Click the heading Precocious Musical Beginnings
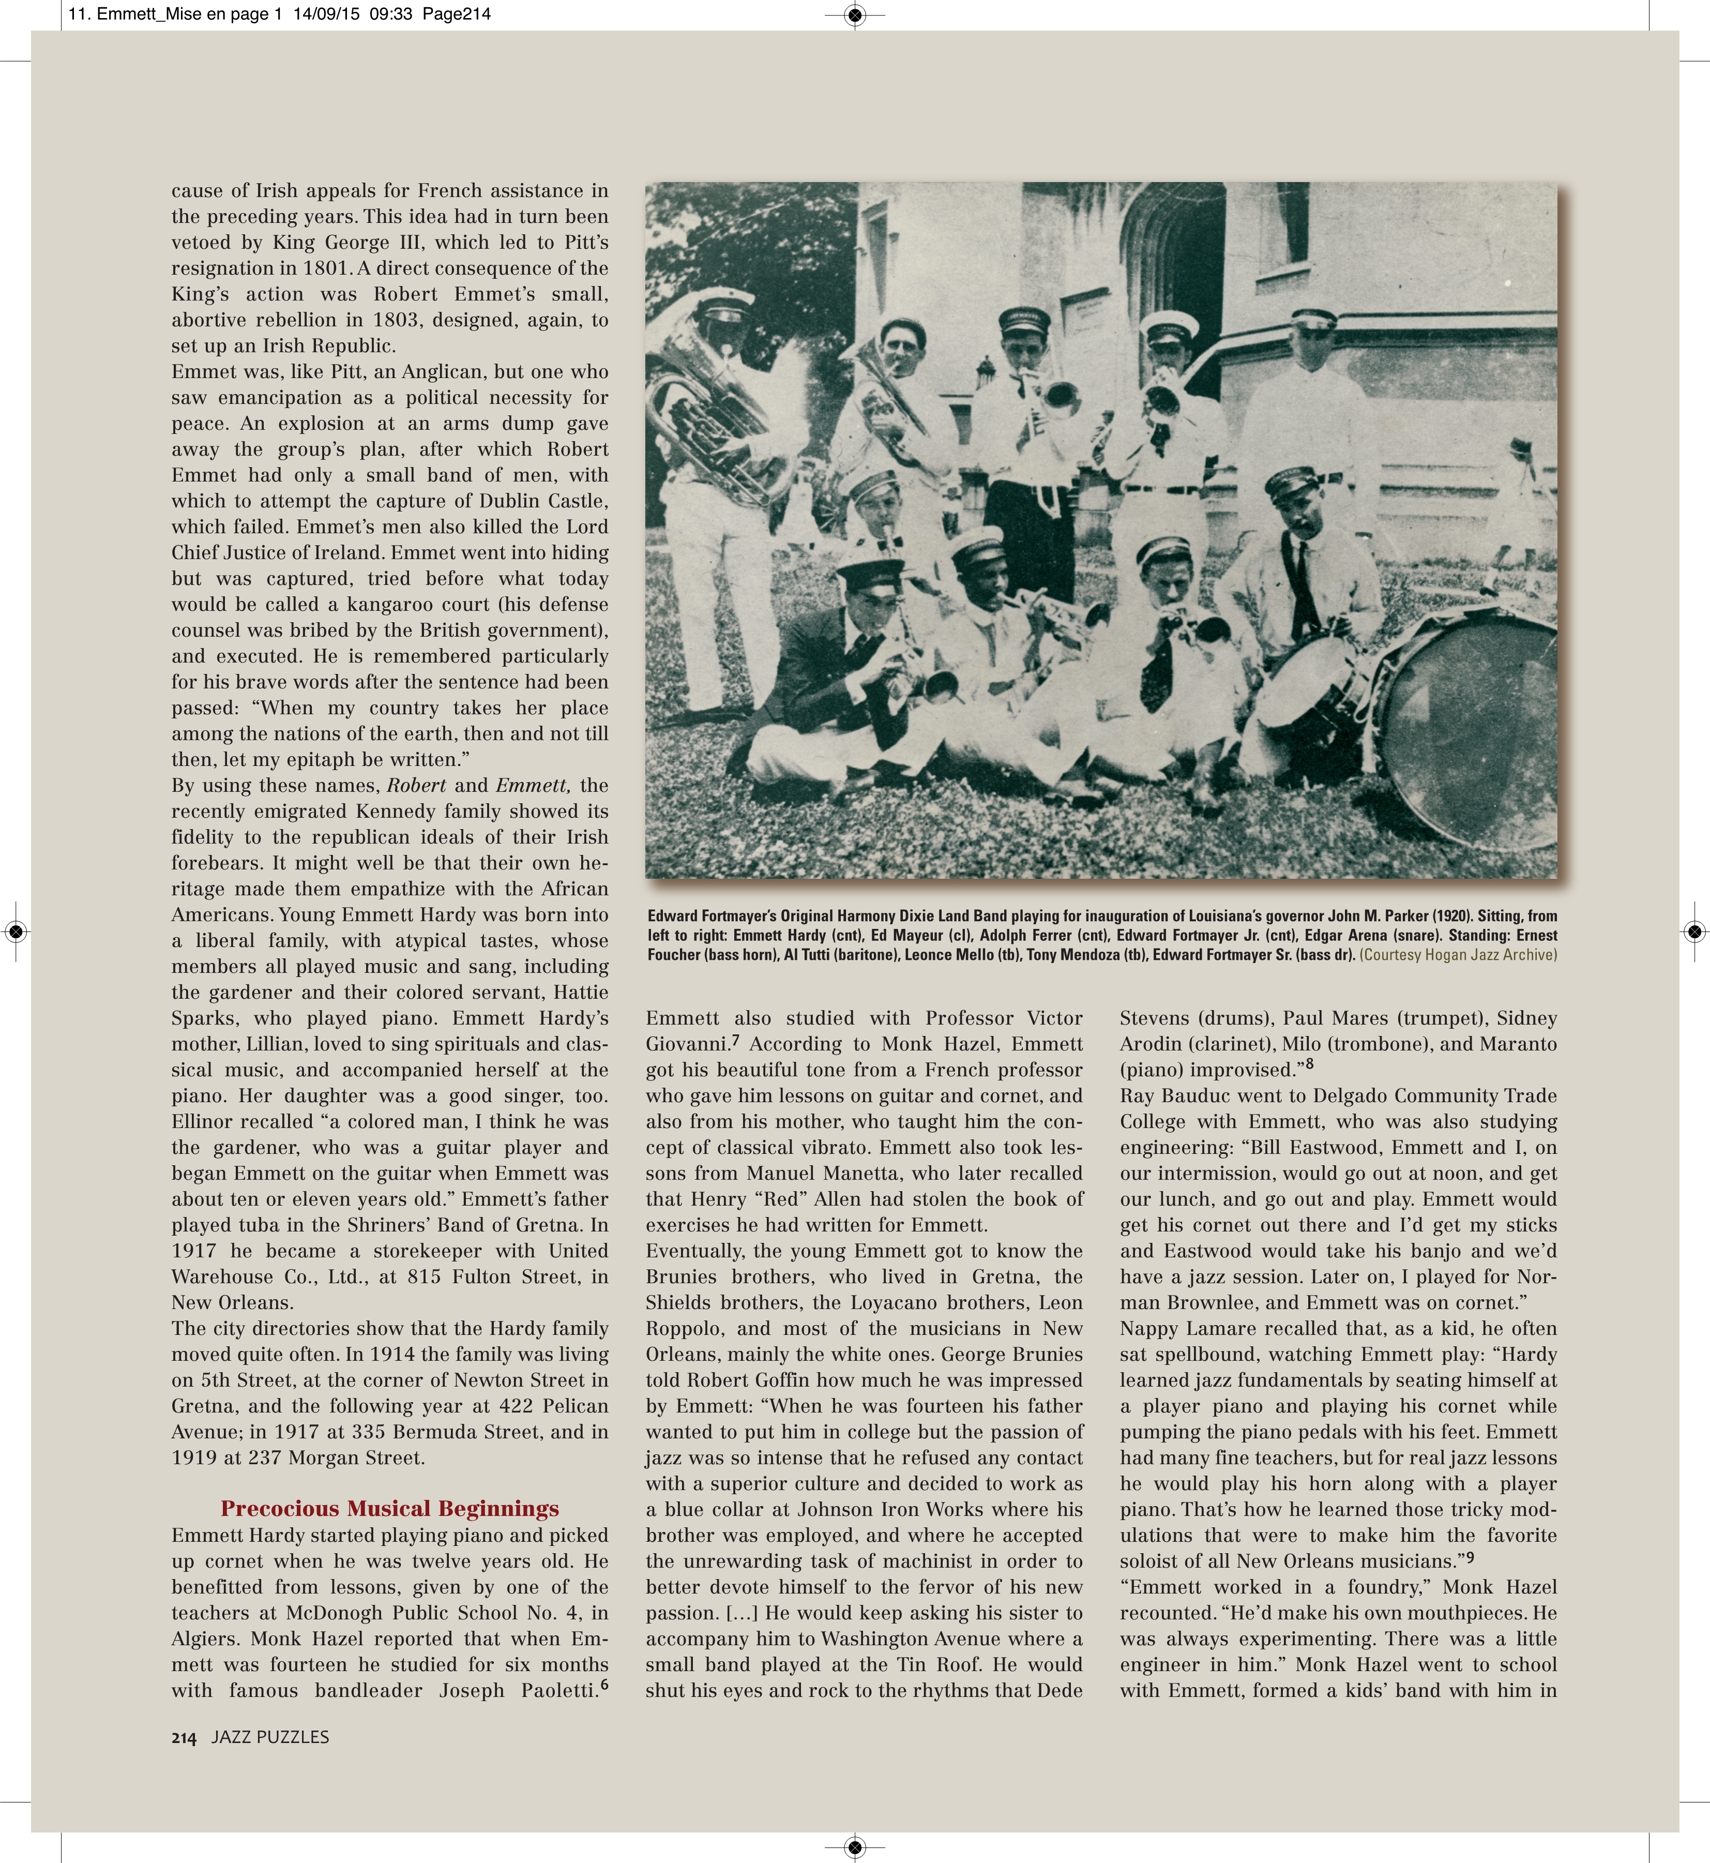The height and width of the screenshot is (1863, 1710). pyautogui.click(x=389, y=1509)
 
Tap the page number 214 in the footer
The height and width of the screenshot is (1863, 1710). pyautogui.click(x=183, y=1738)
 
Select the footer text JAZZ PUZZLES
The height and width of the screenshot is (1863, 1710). pyautogui.click(x=270, y=1737)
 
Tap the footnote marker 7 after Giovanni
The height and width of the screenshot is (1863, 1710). pyautogui.click(x=736, y=1039)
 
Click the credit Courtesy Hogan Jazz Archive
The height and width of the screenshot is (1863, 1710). pyautogui.click(x=1458, y=955)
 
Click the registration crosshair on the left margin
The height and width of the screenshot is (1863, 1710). pyautogui.click(x=16, y=931)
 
